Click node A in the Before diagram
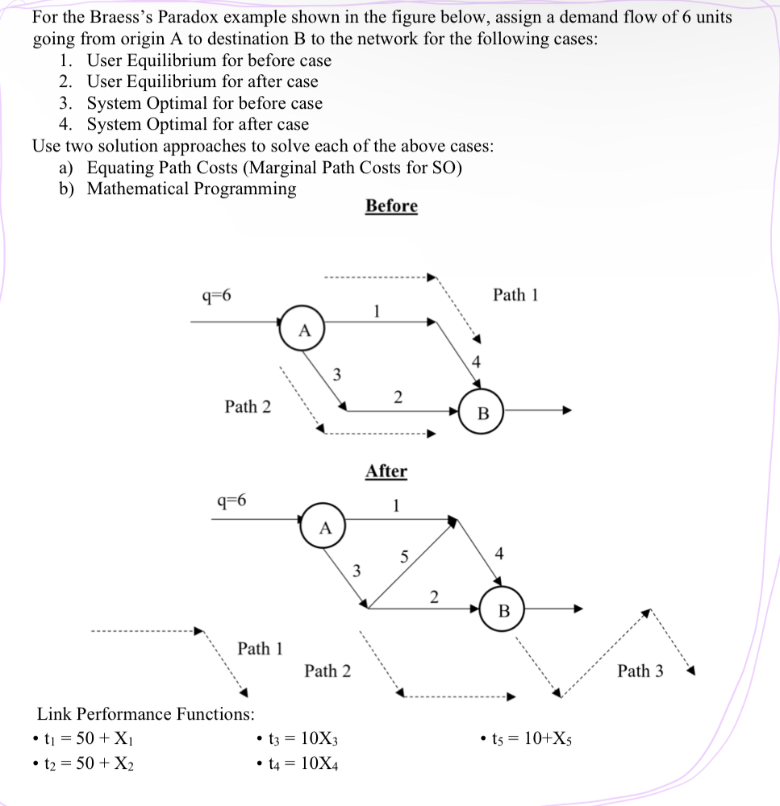click(x=302, y=329)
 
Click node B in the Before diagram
click(x=482, y=413)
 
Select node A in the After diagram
click(x=324, y=528)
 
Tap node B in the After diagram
click(x=503, y=611)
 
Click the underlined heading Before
click(x=391, y=206)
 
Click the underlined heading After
click(x=386, y=472)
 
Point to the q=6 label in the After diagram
click(x=232, y=499)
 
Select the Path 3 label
click(x=640, y=671)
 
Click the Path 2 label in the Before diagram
click(x=248, y=406)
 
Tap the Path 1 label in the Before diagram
click(x=515, y=295)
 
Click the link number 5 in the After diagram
click(x=404, y=556)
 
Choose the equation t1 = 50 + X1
click(x=90, y=737)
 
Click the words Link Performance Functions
click(x=146, y=713)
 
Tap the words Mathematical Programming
click(x=191, y=189)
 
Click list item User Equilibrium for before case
click(x=209, y=60)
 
